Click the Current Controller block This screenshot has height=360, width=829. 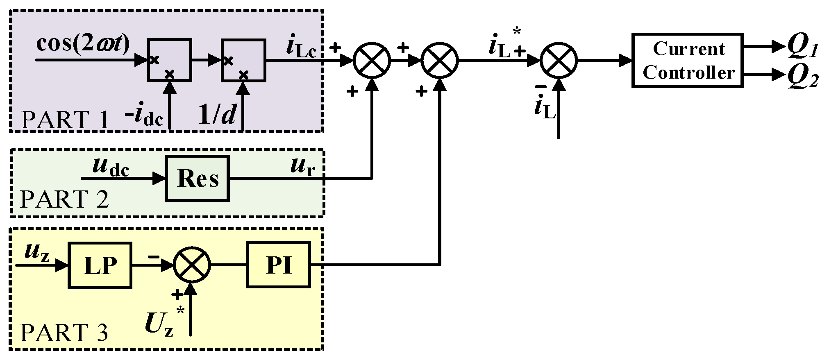point(687,61)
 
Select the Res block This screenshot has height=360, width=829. point(197,178)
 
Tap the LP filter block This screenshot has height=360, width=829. point(100,265)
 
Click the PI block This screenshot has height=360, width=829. point(278,265)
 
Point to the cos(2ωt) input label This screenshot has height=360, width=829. point(83,43)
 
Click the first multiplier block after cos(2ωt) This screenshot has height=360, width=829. point(169,60)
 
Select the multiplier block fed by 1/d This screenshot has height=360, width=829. point(243,60)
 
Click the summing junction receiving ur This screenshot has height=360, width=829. point(372,60)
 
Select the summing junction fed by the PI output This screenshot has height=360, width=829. point(440,60)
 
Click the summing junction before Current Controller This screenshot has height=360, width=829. point(558,60)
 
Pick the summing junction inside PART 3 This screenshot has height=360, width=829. point(191,265)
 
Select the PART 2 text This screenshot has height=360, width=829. point(64,199)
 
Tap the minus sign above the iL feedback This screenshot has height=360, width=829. point(541,87)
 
